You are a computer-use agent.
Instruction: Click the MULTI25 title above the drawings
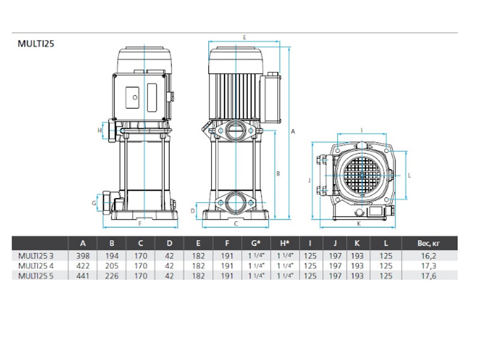pyautogui.click(x=36, y=44)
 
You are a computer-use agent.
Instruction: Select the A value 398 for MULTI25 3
pyautogui.click(x=83, y=256)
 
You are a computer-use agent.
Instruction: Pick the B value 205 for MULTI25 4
pyautogui.click(x=112, y=266)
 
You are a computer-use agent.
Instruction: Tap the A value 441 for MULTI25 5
pyautogui.click(x=83, y=276)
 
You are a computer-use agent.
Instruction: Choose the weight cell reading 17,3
pyautogui.click(x=428, y=266)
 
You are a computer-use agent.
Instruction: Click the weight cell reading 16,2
pyautogui.click(x=428, y=256)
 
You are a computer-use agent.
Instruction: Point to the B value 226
pyautogui.click(x=112, y=276)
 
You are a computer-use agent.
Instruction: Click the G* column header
pyautogui.click(x=256, y=244)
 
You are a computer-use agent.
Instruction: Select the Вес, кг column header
pyautogui.click(x=428, y=244)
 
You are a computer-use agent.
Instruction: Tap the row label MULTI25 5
pyautogui.click(x=36, y=276)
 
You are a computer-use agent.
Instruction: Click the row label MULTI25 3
pyautogui.click(x=36, y=256)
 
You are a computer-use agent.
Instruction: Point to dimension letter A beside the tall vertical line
pyautogui.click(x=293, y=131)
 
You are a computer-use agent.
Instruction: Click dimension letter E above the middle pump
pyautogui.click(x=245, y=38)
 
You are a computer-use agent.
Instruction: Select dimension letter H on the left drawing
pyautogui.click(x=100, y=130)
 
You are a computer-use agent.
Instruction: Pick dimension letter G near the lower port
pyautogui.click(x=94, y=203)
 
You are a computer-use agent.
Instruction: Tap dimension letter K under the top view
pyautogui.click(x=359, y=224)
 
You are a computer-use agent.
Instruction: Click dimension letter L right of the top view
pyautogui.click(x=410, y=175)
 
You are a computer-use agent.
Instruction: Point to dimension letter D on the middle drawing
pyautogui.click(x=193, y=211)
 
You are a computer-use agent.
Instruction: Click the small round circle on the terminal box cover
pyautogui.click(x=135, y=98)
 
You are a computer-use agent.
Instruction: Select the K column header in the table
pyautogui.click(x=357, y=244)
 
